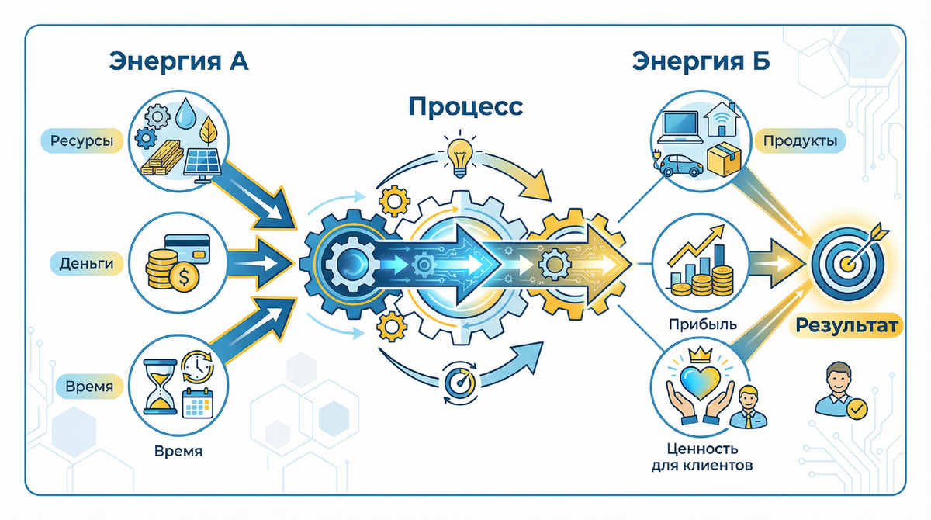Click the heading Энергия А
179,62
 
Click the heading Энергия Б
700,62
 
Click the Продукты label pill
798,142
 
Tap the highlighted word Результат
846,325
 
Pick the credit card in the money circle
188,248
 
